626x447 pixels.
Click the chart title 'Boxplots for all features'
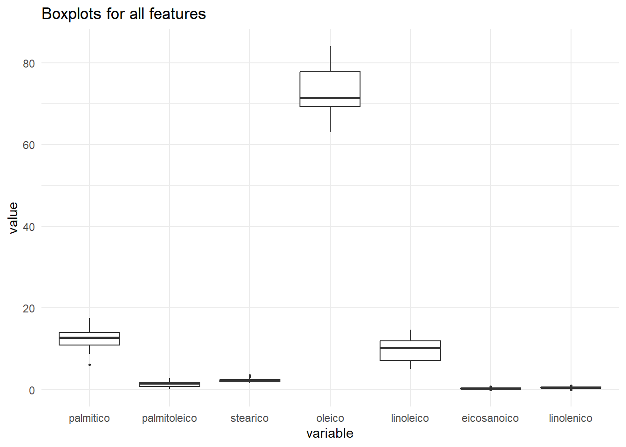[x=123, y=14]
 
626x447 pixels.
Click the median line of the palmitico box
[x=89, y=338]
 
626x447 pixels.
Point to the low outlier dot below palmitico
[x=89, y=365]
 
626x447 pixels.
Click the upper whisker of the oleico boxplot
[x=330, y=59]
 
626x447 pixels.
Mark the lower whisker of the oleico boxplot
[x=330, y=119]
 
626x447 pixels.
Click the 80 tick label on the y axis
[x=29, y=63]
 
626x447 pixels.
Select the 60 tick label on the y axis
[x=29, y=145]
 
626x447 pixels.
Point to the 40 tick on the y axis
[x=29, y=227]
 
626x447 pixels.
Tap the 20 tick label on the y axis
[x=29, y=309]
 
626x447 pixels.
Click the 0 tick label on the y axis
[x=32, y=390]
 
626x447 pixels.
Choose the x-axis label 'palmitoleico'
[x=170, y=418]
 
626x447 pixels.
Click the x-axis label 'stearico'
[x=250, y=418]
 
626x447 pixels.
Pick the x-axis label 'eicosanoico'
[x=490, y=418]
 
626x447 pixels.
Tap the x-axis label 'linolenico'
[x=571, y=418]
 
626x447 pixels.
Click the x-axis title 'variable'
[x=330, y=433]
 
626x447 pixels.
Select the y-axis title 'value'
[x=14, y=217]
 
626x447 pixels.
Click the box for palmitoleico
[x=170, y=384]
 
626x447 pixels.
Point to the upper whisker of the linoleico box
[x=410, y=335]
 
